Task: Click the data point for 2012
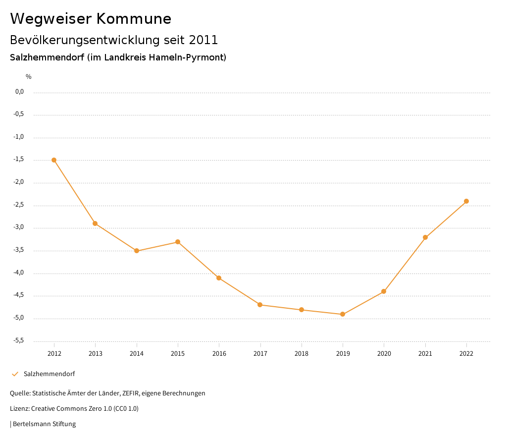pyautogui.click(x=54, y=160)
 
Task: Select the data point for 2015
pyautogui.click(x=178, y=242)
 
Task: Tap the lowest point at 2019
pyautogui.click(x=343, y=314)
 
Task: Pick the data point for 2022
pyautogui.click(x=466, y=201)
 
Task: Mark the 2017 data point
pyautogui.click(x=260, y=305)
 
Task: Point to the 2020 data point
pyautogui.click(x=384, y=291)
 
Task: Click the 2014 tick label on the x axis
pyautogui.click(x=137, y=353)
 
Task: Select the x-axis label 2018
pyautogui.click(x=302, y=353)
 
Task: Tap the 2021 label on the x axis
pyautogui.click(x=425, y=353)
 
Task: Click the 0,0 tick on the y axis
pyautogui.click(x=20, y=92)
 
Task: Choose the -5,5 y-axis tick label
pyautogui.click(x=19, y=340)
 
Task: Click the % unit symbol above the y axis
pyautogui.click(x=29, y=77)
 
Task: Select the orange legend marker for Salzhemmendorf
pyautogui.click(x=15, y=374)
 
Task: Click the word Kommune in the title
pyautogui.click(x=134, y=19)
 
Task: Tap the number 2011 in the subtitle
pyautogui.click(x=203, y=40)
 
